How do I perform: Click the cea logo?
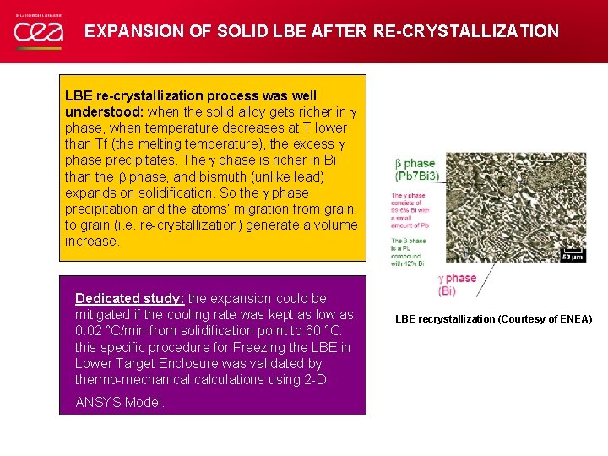37,32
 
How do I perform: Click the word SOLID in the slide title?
240,31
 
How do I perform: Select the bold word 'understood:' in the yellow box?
105,112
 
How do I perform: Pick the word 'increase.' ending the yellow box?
92,241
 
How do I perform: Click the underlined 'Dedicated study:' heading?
129,298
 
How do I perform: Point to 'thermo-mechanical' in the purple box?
128,379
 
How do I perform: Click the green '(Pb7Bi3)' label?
417,176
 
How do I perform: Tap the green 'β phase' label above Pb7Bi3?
415,163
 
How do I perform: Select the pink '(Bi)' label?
447,290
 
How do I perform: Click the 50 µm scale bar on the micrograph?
573,255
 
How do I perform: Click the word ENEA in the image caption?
574,319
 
